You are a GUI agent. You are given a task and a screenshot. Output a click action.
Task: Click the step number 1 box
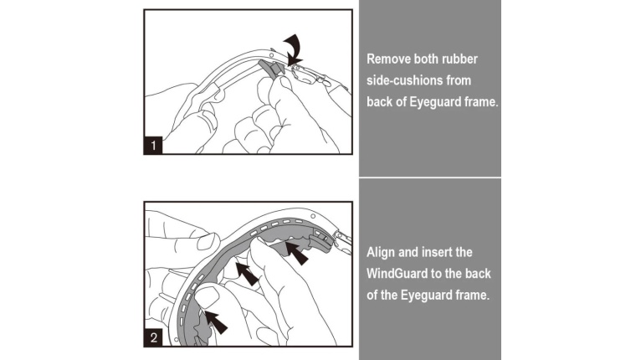click(153, 145)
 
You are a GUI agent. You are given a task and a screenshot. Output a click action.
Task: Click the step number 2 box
click(153, 337)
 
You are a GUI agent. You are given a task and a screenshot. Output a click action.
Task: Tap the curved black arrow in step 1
click(294, 49)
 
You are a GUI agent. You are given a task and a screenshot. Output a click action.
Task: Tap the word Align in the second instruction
click(380, 252)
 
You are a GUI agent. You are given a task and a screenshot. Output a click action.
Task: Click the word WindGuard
click(393, 274)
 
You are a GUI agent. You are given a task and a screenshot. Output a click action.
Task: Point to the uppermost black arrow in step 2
click(296, 252)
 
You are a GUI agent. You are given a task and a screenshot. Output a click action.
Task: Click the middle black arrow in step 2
click(247, 273)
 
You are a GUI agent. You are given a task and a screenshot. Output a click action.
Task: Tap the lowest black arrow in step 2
click(216, 322)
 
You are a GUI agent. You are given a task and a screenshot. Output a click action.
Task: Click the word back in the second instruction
click(478, 274)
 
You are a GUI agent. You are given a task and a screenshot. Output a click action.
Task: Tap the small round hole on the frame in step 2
click(313, 216)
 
